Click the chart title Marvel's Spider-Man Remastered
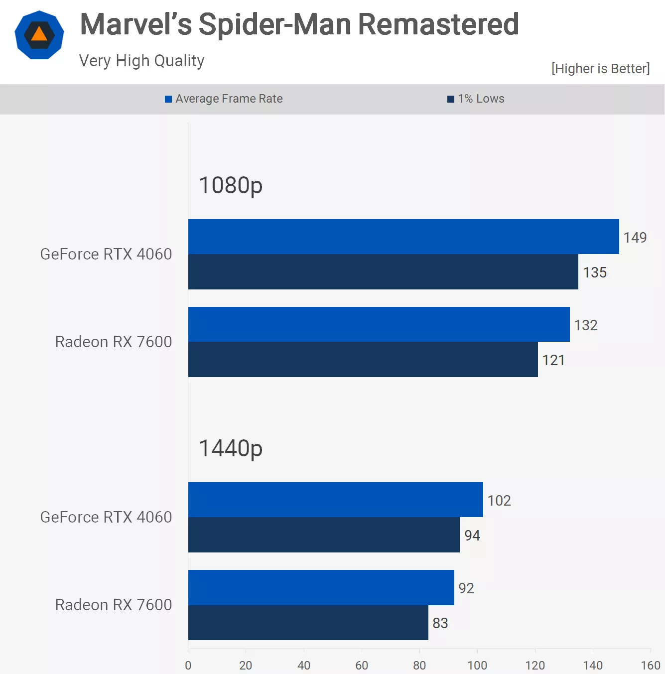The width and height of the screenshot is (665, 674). pyautogui.click(x=299, y=24)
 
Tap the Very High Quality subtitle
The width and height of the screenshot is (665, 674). pyautogui.click(x=141, y=61)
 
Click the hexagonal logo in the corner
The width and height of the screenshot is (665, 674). pyautogui.click(x=39, y=35)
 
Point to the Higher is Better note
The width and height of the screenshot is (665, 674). pyautogui.click(x=600, y=69)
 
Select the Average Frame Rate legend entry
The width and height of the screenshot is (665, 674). pyautogui.click(x=224, y=99)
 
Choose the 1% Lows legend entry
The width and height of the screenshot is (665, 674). pyautogui.click(x=476, y=99)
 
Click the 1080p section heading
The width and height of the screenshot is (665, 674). pyautogui.click(x=231, y=185)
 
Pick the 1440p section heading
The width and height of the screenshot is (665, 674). pyautogui.click(x=231, y=448)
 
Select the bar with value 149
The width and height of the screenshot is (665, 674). pyautogui.click(x=403, y=237)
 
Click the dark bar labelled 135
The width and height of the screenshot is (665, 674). pyautogui.click(x=383, y=272)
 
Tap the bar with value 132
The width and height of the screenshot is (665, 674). pyautogui.click(x=379, y=324)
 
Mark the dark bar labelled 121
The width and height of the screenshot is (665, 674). pyautogui.click(x=363, y=360)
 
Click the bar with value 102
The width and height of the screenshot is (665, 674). pyautogui.click(x=335, y=500)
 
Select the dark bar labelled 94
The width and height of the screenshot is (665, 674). pyautogui.click(x=324, y=535)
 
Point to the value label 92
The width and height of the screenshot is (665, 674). pyautogui.click(x=466, y=588)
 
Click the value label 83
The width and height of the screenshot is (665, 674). pyautogui.click(x=440, y=623)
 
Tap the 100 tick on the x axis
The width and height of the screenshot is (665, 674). pyautogui.click(x=477, y=666)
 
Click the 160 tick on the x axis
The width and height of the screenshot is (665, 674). pyautogui.click(x=650, y=666)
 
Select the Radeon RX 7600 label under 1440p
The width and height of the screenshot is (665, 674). pyautogui.click(x=114, y=605)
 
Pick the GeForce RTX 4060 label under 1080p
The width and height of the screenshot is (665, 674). pyautogui.click(x=106, y=254)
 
